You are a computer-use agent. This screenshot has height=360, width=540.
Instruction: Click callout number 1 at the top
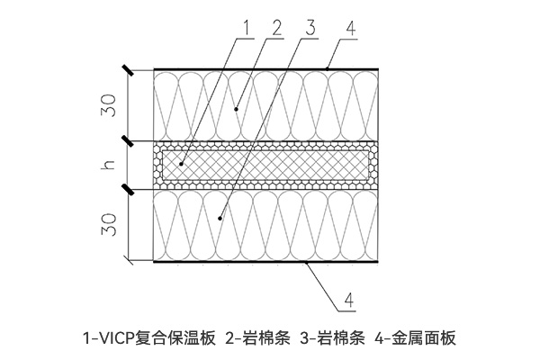pos(245,27)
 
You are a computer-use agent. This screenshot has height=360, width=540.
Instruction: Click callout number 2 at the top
pos(276,28)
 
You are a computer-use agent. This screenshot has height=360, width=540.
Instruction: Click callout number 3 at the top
pos(310,28)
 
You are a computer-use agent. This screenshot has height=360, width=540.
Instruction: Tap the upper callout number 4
pos(351,28)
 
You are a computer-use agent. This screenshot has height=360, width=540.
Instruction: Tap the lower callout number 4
pos(349,300)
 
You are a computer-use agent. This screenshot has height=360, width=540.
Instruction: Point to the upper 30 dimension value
pos(109,105)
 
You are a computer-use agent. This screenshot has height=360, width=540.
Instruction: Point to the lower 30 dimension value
pos(109,225)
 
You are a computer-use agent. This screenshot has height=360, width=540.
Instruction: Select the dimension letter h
pos(108,165)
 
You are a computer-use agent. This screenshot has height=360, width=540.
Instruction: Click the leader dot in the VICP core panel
pos(181,165)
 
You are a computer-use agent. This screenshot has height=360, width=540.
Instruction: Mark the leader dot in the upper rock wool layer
pos(236,110)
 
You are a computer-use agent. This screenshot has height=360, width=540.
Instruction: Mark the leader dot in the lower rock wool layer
pos(220,218)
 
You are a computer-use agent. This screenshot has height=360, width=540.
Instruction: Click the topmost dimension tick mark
pos(128,70)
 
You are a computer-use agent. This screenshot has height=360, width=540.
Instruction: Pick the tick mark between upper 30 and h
pos(128,141)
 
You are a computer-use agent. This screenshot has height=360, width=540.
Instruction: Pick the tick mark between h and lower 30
pos(128,190)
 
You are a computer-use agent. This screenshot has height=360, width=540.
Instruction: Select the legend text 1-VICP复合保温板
pos(149,338)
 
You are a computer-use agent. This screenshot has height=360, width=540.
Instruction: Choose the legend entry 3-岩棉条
pos(332,338)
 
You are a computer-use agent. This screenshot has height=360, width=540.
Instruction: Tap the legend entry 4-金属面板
pos(415,338)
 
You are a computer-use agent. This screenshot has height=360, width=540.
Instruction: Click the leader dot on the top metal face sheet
pos(328,69)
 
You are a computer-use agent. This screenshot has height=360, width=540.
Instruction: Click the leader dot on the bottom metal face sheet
pos(306,263)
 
